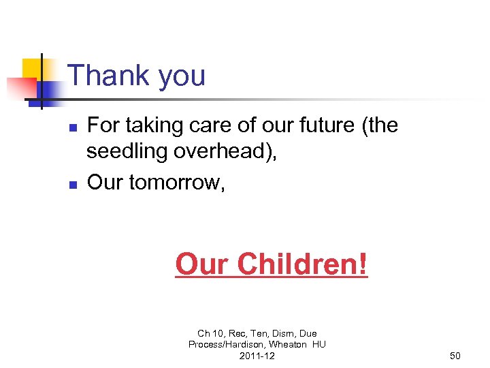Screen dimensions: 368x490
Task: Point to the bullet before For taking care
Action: (75, 127)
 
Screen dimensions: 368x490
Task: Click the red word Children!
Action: (303, 264)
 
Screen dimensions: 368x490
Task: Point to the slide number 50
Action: (455, 356)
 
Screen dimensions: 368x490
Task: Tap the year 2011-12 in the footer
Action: (257, 356)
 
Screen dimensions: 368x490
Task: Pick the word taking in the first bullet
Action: (145, 126)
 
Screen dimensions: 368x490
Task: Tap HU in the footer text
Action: (318, 344)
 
